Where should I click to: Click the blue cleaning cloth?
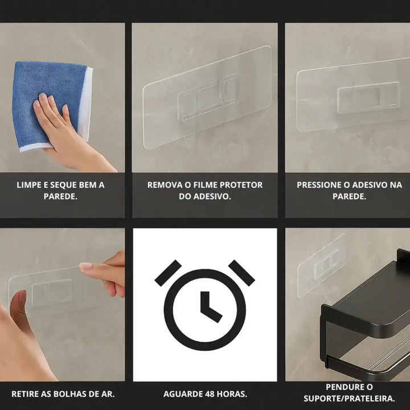(50, 105)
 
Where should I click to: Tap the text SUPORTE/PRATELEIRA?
(349, 399)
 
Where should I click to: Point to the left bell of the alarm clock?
(168, 273)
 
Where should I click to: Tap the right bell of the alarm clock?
(241, 273)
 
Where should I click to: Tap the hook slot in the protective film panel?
(208, 97)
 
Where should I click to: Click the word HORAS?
(231, 394)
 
